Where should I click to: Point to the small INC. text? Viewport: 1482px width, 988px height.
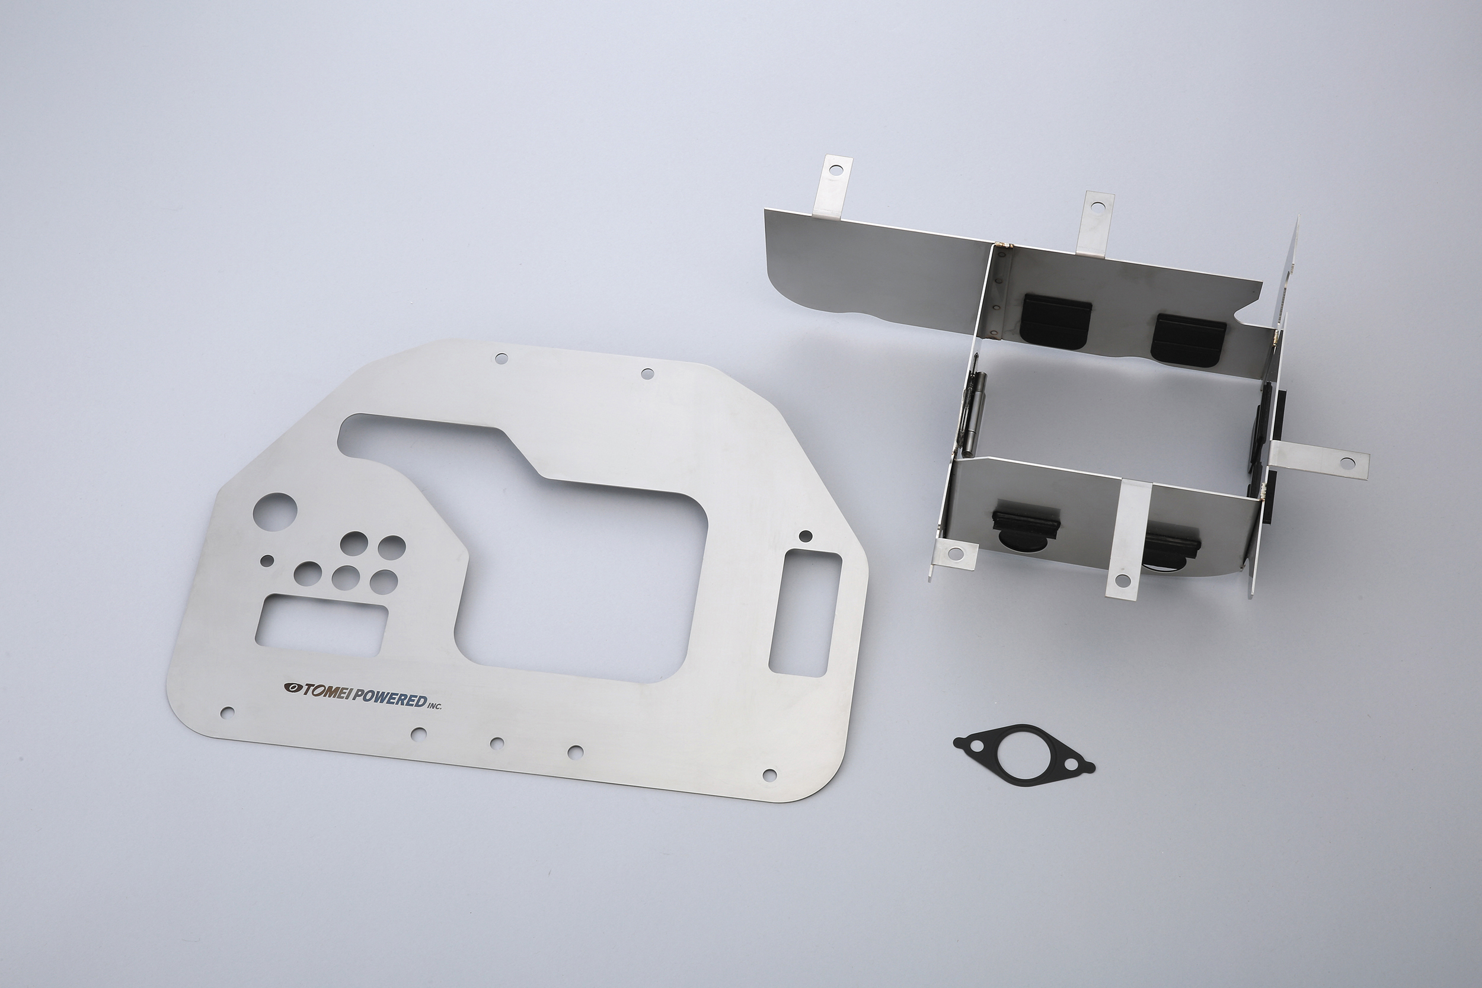click(435, 706)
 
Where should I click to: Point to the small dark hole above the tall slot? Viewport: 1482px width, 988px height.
click(804, 536)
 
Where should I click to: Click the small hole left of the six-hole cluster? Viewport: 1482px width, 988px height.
click(267, 559)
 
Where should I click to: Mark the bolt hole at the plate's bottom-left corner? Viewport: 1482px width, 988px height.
click(228, 712)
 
